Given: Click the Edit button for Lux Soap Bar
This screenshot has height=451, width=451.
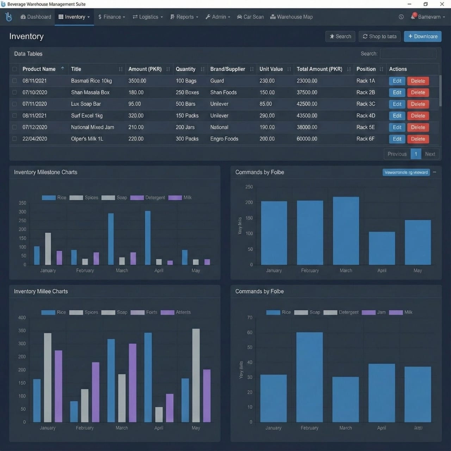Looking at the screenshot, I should coord(397,104).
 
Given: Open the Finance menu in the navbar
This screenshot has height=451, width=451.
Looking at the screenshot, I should coord(111,17).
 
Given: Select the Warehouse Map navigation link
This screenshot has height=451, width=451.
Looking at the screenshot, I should coord(291,17).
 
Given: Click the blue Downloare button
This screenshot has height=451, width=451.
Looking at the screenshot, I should coord(422,36).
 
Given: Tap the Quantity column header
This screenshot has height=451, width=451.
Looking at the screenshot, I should coord(186,69).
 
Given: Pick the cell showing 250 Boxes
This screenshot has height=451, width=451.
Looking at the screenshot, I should coord(187,92).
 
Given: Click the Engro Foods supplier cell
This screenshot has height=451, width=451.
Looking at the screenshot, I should coord(224,139).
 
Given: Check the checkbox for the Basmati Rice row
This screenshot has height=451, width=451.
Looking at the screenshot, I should coord(14,81).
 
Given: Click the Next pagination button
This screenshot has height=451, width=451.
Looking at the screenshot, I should coord(430,154).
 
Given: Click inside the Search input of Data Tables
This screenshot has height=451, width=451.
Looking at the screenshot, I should coord(408,54).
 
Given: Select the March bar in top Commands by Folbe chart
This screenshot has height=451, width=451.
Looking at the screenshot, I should coord(346,231).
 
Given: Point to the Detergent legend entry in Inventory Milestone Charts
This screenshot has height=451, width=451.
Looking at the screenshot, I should coord(148,198).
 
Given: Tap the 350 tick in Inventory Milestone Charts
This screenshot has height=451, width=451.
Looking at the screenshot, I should coord(22,203).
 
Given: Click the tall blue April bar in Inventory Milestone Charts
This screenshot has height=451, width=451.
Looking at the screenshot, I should coord(148,238).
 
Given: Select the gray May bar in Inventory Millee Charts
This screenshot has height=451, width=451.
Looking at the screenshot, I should coord(196,375).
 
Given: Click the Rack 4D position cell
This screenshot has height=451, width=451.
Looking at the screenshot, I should coord(366,116).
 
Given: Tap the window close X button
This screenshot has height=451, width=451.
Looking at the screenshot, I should coord(442,4).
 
